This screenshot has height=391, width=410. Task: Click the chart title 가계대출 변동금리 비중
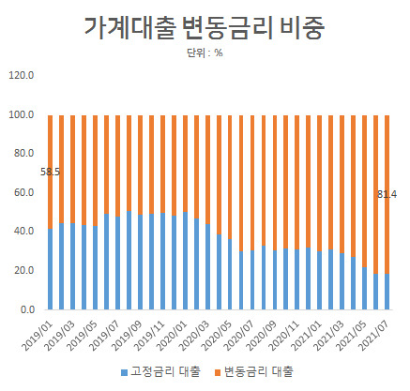(x=205, y=27)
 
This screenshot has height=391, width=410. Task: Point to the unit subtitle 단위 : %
(x=205, y=53)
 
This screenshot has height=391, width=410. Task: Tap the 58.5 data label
(x=50, y=172)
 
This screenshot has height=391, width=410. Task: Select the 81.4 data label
(x=387, y=194)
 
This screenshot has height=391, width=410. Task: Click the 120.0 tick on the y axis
(x=21, y=75)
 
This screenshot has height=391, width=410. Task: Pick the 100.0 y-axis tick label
(x=21, y=114)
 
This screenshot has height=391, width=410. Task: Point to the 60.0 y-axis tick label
(x=23, y=192)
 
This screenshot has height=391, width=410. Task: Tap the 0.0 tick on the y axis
(x=27, y=309)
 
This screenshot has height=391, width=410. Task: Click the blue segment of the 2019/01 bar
(x=50, y=269)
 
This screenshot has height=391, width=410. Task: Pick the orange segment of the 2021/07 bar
(x=387, y=194)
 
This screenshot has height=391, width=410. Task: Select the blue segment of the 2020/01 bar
(x=185, y=261)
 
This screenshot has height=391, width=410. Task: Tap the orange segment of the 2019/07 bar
(x=117, y=166)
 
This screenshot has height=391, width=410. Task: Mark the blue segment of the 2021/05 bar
(x=364, y=289)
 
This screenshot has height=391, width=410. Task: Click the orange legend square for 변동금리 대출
(x=218, y=372)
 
